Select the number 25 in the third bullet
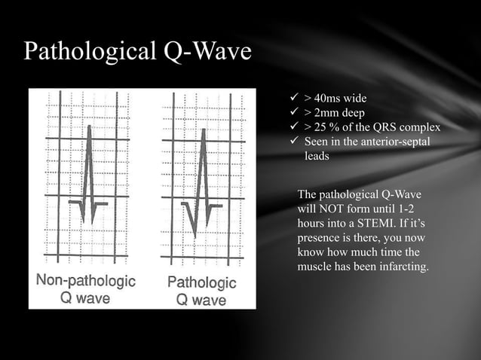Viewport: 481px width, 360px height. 322,127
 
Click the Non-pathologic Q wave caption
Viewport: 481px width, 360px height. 86,289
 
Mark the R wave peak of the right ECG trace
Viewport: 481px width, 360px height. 201,130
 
